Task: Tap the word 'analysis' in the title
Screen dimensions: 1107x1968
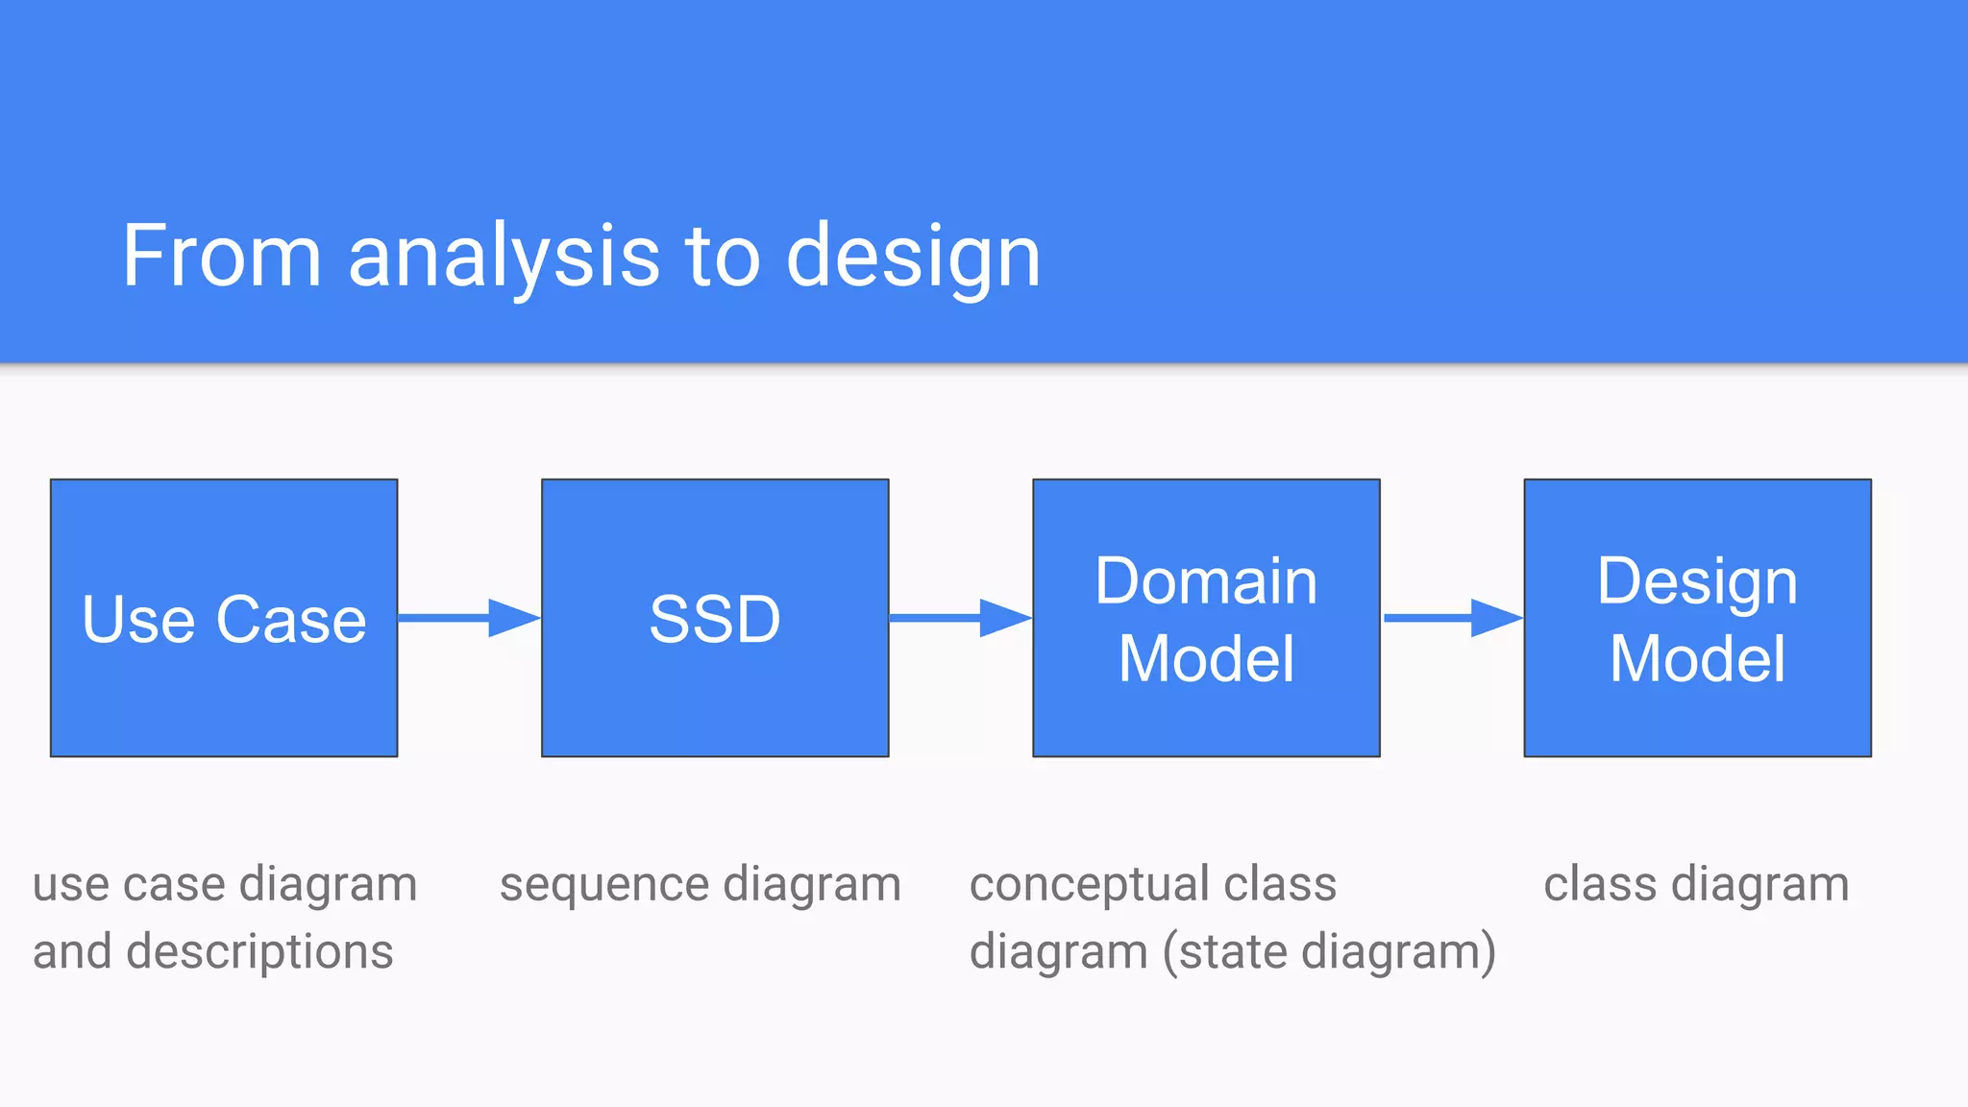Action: click(x=504, y=258)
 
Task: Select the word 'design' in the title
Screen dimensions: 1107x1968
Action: click(x=913, y=258)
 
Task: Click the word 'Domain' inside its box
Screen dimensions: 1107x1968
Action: click(x=1206, y=581)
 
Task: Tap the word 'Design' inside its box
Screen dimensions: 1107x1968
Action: click(x=1697, y=582)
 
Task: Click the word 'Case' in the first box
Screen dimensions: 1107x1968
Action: click(x=291, y=620)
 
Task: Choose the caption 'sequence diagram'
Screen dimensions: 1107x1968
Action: click(x=700, y=884)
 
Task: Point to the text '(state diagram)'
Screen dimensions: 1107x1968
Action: click(x=1329, y=952)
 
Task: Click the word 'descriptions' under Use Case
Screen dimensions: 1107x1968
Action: click(x=259, y=952)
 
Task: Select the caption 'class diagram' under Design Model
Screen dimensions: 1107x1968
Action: click(x=1696, y=884)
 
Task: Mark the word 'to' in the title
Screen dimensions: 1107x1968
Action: click(x=722, y=258)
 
